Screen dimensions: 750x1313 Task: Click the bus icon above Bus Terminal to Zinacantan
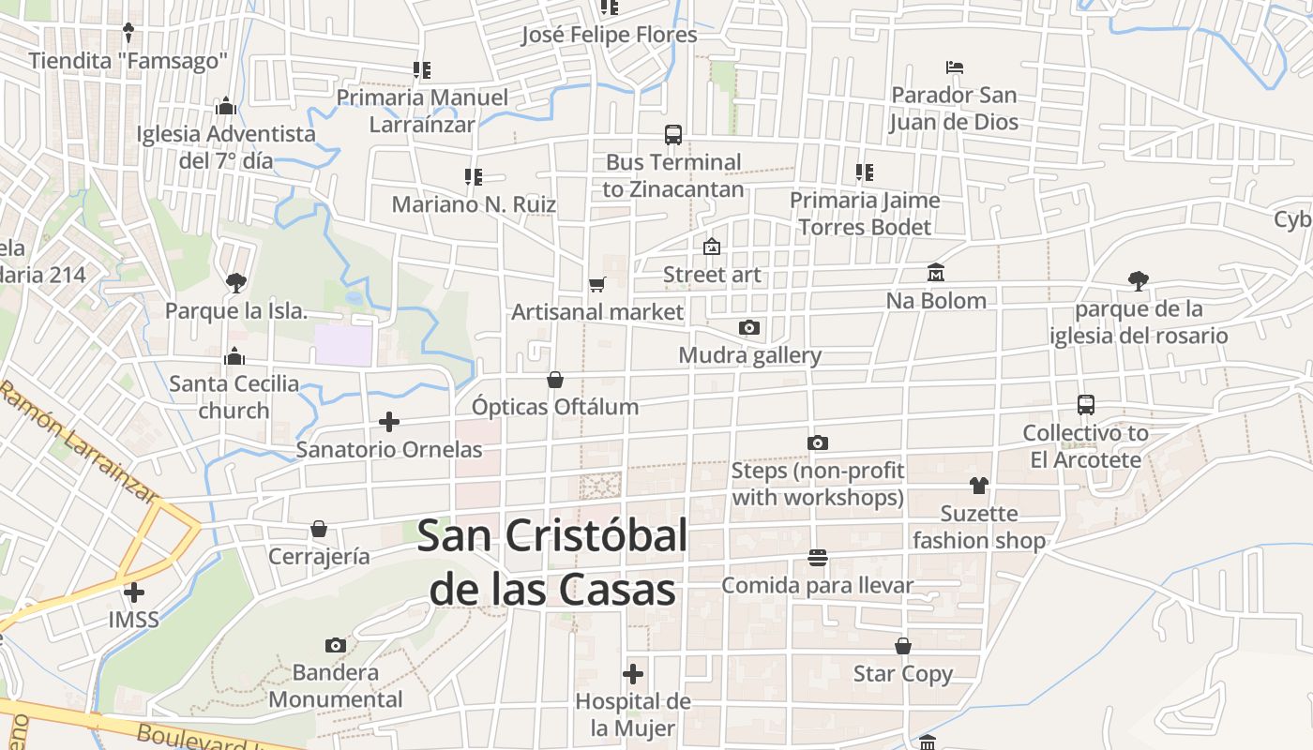click(673, 134)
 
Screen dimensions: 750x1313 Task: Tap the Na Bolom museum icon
click(936, 273)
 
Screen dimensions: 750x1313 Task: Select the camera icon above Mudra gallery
click(748, 327)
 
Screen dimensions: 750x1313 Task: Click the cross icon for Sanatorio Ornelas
click(389, 422)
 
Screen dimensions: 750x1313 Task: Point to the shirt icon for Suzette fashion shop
click(979, 486)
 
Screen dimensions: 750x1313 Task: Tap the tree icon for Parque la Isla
click(235, 281)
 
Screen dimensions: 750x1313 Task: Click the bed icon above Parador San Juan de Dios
click(955, 67)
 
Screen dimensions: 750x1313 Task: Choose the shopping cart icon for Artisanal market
click(597, 284)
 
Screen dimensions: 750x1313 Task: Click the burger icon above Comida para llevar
click(817, 558)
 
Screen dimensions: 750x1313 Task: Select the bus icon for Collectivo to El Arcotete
click(1086, 405)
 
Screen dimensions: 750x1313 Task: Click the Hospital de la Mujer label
click(633, 714)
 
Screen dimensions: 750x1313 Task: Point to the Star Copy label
click(902, 674)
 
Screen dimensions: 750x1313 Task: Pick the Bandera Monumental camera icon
click(336, 645)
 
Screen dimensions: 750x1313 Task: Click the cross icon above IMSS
click(134, 592)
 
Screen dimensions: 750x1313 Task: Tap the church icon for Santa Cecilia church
click(234, 356)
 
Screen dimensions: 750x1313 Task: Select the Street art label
click(712, 275)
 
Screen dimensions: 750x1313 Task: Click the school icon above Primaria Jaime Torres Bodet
click(865, 172)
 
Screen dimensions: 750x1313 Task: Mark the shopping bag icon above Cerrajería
click(319, 529)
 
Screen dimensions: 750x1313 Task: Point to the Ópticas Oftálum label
click(555, 407)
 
